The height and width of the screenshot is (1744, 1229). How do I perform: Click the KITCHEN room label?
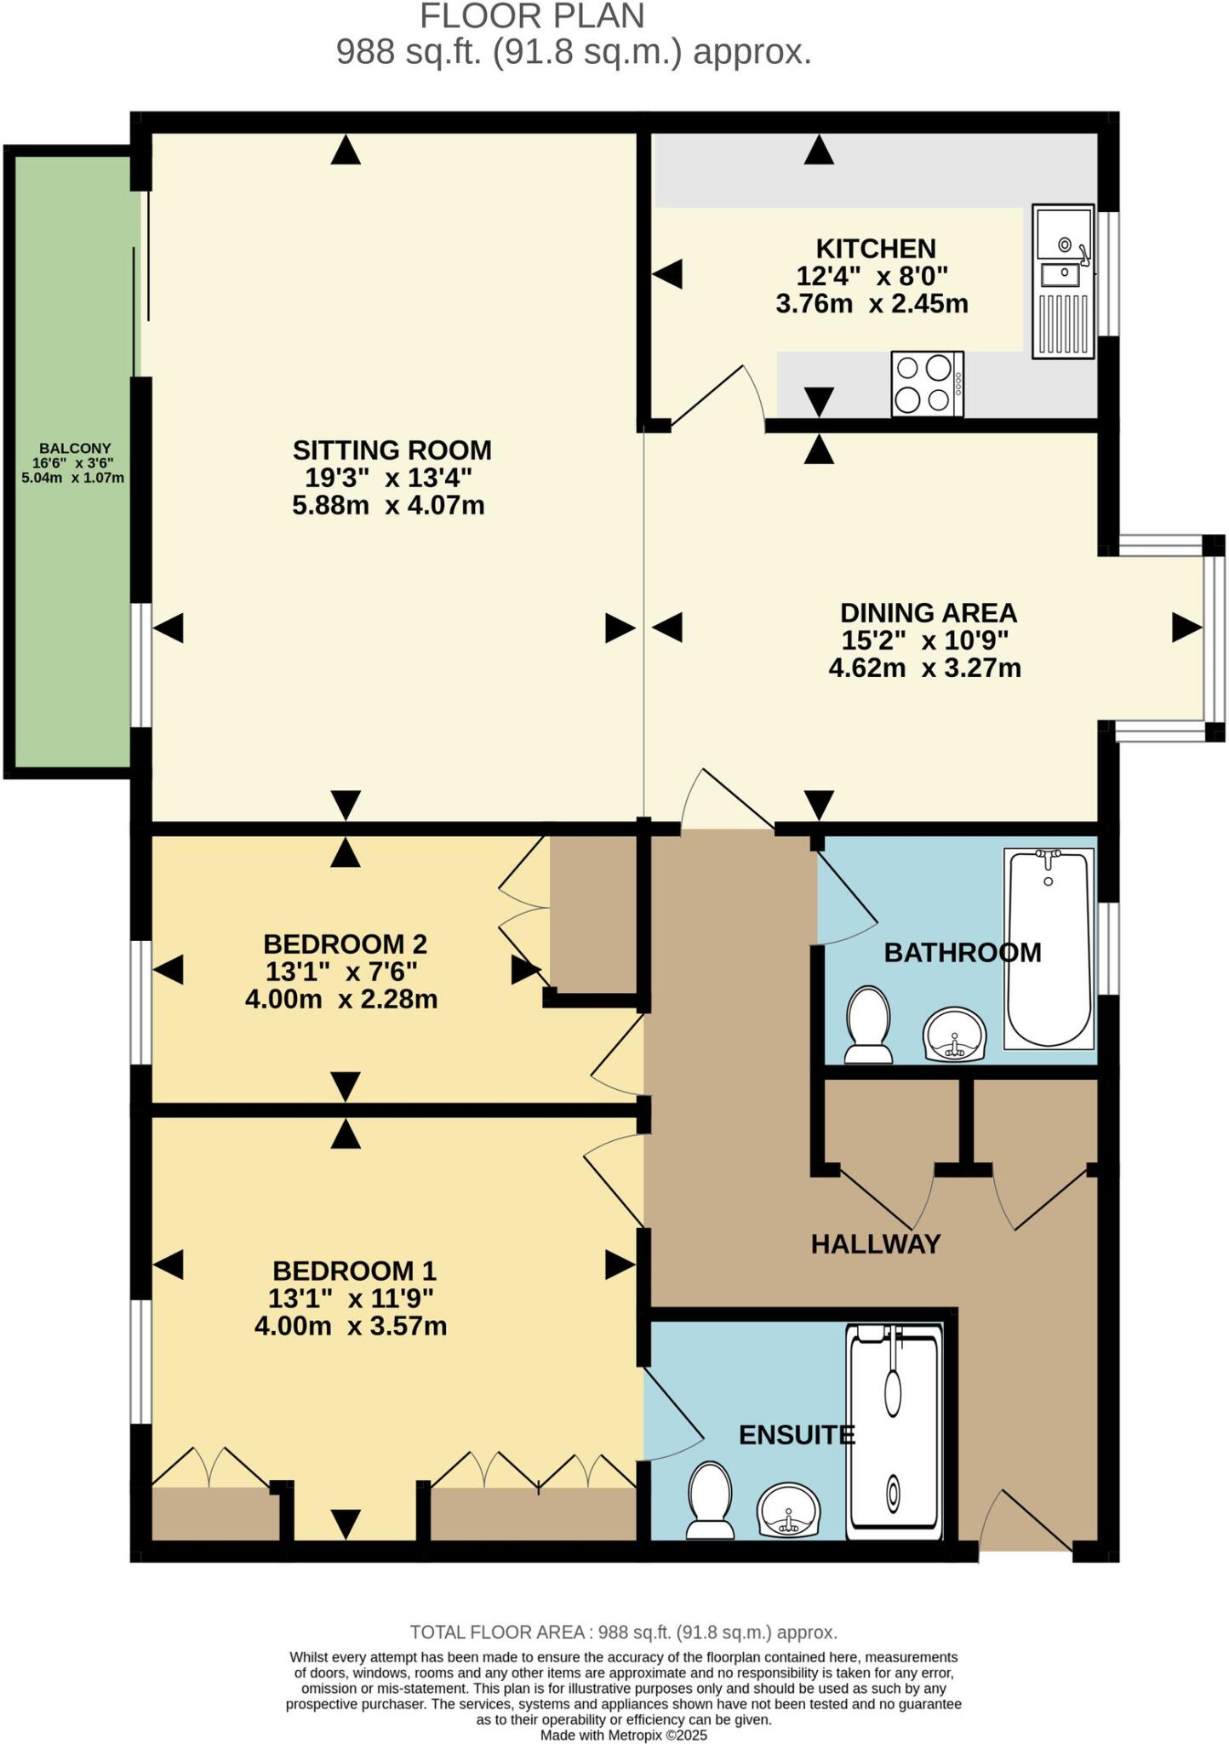pos(875,249)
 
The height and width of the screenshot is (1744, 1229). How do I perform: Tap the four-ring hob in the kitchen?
pos(926,384)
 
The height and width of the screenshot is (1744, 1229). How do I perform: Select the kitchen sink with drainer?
pos(1062,281)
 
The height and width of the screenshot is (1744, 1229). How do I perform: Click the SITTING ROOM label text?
pos(392,450)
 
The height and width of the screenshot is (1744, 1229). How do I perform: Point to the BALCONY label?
pos(75,448)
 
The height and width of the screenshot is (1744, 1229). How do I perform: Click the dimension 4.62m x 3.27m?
pos(924,668)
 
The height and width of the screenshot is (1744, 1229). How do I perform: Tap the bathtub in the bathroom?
pos(1048,948)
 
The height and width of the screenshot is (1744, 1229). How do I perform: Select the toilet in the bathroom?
pos(868,1024)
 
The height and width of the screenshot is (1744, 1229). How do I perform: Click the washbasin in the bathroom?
pos(953,1034)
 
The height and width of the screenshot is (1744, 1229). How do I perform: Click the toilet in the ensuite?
pos(710,1500)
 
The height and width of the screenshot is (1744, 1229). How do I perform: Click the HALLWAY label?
pos(875,1244)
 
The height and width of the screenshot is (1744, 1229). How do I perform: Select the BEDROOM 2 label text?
pos(345,944)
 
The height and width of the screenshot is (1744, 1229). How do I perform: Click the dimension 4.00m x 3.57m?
pos(351,1326)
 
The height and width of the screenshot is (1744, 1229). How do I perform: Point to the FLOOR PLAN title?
pos(532,17)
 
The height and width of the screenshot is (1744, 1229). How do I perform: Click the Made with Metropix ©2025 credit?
pos(623,1735)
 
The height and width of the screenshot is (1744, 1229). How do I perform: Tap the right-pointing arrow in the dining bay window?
pos(1186,628)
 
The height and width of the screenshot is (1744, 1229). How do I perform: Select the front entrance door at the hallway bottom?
pos(1026,1525)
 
